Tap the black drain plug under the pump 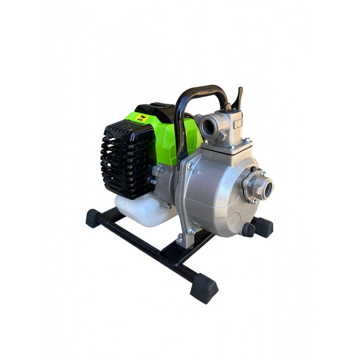(248, 229)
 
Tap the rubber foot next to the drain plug (263, 227)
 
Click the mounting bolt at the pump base (180, 237)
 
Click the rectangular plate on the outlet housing (237, 123)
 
